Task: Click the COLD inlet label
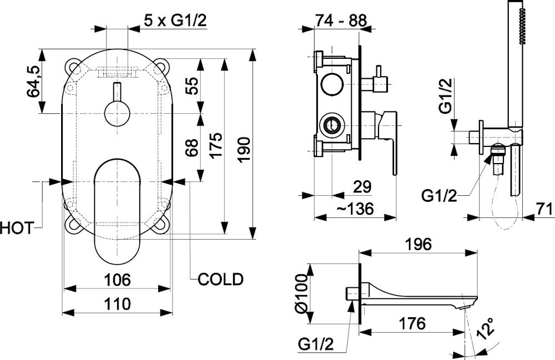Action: (221, 279)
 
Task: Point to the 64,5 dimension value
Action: (34, 82)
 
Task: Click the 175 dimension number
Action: (216, 145)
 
